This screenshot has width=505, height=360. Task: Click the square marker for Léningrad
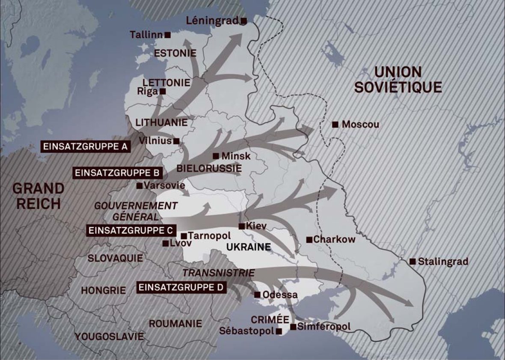coord(244,21)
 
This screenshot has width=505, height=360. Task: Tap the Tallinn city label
coord(146,34)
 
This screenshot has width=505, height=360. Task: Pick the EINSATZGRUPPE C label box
coord(131,230)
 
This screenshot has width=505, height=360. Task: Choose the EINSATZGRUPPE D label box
coord(181,287)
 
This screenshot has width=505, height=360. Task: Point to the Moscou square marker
coord(336,125)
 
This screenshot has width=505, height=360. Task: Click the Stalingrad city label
coord(443,261)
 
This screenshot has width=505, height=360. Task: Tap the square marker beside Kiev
coord(242,226)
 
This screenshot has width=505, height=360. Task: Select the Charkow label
coord(334,239)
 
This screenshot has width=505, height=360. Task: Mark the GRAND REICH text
coord(38,196)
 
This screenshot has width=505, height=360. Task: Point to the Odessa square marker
coord(257,295)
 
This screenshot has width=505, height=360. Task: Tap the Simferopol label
coord(324,327)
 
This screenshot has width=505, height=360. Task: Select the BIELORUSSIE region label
coord(209,168)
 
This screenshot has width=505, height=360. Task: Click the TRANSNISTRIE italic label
coord(218,273)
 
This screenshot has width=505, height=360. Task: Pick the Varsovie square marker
coord(139,186)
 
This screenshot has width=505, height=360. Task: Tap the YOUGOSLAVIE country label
coord(110,336)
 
